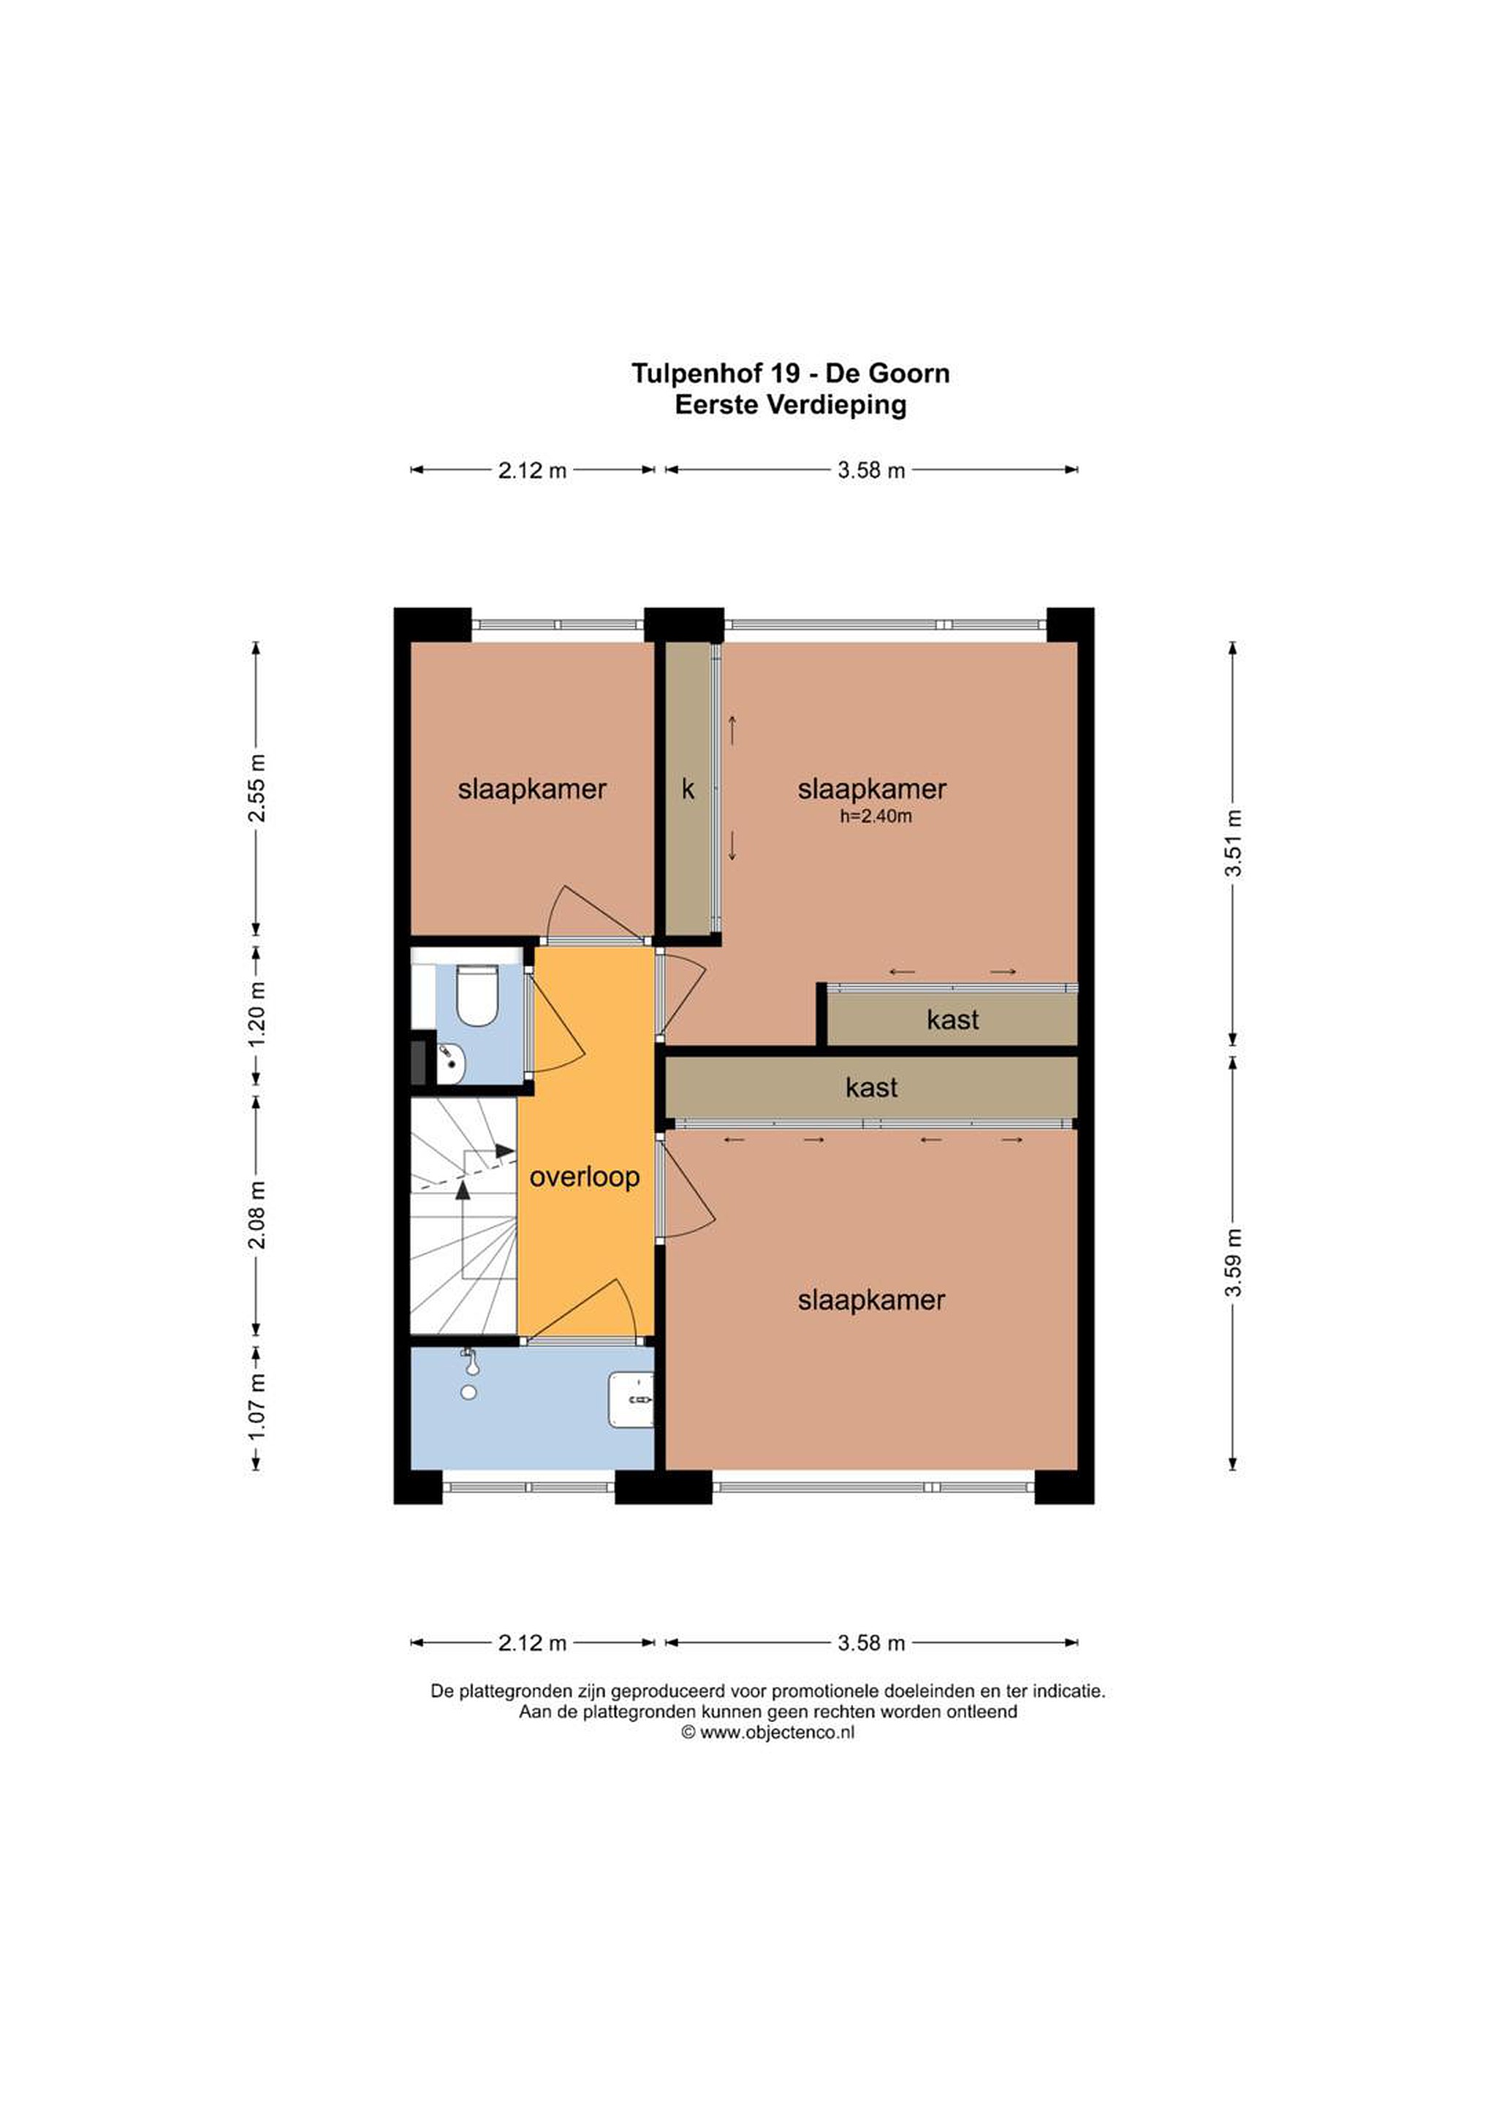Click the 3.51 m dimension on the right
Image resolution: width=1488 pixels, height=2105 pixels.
(x=1233, y=843)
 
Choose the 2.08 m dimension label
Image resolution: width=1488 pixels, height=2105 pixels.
(x=258, y=1215)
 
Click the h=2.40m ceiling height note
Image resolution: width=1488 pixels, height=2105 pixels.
(x=876, y=816)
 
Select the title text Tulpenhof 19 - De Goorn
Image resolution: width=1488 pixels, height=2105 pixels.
(x=790, y=373)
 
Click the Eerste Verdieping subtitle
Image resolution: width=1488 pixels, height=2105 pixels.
(x=790, y=404)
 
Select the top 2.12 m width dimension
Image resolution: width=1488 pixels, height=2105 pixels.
(x=532, y=470)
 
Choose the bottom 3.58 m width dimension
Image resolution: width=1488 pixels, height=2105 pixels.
(x=871, y=1643)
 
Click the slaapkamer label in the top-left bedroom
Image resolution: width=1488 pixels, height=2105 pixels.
(x=532, y=789)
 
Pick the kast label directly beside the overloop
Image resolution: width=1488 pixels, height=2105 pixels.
(x=871, y=1088)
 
